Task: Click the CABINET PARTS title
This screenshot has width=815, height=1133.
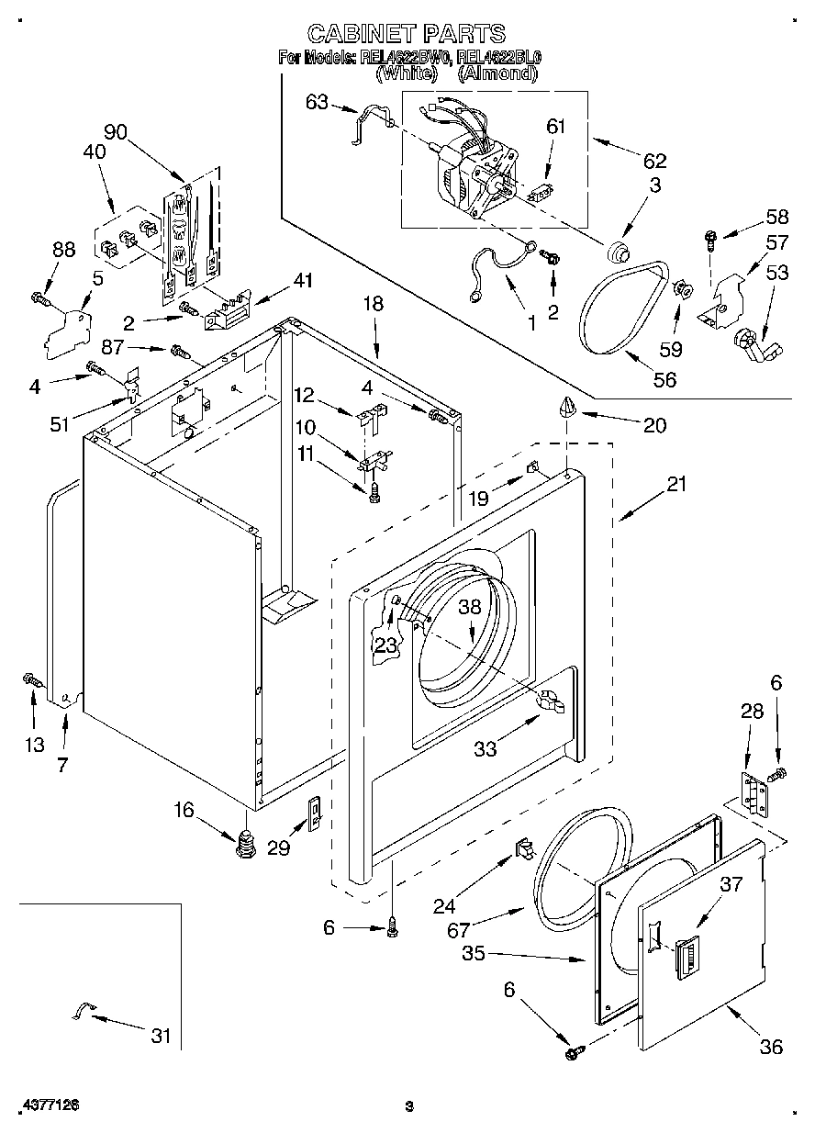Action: pyautogui.click(x=406, y=34)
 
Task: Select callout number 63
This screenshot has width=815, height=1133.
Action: pyautogui.click(x=316, y=102)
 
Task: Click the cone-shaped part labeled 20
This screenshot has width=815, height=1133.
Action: pyautogui.click(x=567, y=407)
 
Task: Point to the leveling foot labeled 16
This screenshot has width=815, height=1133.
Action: pyautogui.click(x=245, y=842)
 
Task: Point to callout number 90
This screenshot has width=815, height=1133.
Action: pyautogui.click(x=115, y=131)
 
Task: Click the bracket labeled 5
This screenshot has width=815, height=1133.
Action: pyautogui.click(x=70, y=330)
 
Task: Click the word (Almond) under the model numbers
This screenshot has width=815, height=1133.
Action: pyautogui.click(x=497, y=73)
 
